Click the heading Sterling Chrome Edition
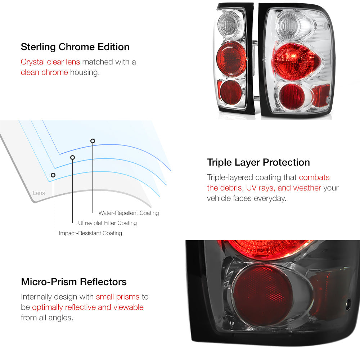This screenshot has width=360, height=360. [x=75, y=47]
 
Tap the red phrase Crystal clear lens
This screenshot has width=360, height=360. [x=50, y=62]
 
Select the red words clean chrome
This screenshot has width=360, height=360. [x=44, y=72]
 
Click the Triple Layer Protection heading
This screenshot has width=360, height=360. [x=258, y=163]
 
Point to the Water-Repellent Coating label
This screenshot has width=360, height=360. [x=129, y=213]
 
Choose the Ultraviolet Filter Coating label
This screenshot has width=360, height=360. [x=107, y=223]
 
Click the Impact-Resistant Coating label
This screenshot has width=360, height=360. [x=90, y=233]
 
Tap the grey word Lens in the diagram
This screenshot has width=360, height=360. [x=39, y=193]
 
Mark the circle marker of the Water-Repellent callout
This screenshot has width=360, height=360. [x=93, y=141]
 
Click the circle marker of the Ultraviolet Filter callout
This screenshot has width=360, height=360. [x=73, y=158]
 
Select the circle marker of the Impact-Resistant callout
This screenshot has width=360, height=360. [x=53, y=175]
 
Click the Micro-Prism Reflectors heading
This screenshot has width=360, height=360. [x=74, y=282]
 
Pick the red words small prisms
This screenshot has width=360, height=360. [x=118, y=297]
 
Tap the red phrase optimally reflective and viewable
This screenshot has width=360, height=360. [x=88, y=307]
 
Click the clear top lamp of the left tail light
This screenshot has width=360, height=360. [x=229, y=24]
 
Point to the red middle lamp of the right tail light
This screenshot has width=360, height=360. [x=296, y=61]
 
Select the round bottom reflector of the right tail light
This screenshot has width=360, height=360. [x=292, y=96]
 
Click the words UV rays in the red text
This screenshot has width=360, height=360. [x=261, y=188]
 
